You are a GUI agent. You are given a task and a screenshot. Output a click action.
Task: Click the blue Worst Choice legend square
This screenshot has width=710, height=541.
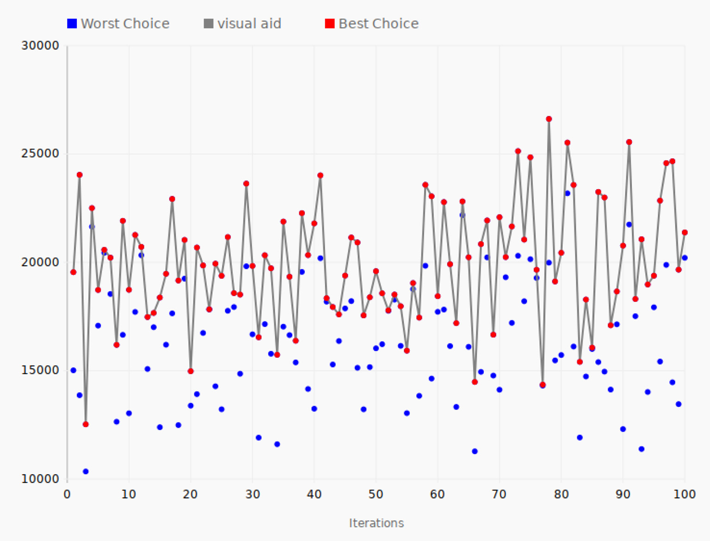point(72,24)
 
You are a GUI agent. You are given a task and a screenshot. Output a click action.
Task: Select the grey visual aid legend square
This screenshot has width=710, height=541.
point(209,24)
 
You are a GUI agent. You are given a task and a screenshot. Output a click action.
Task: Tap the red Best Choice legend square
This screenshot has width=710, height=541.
point(329,24)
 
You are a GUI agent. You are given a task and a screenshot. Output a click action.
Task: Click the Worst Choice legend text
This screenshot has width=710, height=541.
point(125,24)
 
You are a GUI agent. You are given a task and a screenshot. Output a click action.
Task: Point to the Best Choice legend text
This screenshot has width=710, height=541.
point(378,24)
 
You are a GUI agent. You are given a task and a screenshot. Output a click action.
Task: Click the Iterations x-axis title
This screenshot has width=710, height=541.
point(376,523)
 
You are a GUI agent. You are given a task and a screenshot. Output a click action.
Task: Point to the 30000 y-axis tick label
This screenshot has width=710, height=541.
point(40,46)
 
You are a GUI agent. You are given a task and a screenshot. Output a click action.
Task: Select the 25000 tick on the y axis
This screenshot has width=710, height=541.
point(40,154)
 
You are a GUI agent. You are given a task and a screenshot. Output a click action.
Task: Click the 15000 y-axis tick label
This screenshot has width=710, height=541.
point(40,370)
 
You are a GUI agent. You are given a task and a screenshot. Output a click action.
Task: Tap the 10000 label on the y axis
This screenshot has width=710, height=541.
point(40,479)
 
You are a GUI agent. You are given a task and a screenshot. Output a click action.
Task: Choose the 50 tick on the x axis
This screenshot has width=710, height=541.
point(376,494)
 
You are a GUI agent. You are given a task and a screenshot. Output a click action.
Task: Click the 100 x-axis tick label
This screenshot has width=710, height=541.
point(685,494)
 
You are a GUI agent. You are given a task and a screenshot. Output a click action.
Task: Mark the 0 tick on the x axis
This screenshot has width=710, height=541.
point(67,494)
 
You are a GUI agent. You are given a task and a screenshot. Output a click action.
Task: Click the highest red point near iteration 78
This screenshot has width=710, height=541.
point(549,119)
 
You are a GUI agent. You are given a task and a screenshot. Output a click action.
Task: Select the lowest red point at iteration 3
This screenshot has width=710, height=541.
point(86,424)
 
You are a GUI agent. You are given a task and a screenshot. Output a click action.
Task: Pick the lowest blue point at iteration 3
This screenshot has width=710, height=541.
point(86,472)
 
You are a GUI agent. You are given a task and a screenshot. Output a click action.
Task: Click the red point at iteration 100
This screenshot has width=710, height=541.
point(685,232)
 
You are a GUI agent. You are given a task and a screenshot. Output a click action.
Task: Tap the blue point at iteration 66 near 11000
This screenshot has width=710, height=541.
point(475,451)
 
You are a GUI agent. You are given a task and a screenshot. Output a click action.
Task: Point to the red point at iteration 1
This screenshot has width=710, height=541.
point(73,272)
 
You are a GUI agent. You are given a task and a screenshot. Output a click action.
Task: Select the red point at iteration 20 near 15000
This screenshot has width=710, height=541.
point(191,371)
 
